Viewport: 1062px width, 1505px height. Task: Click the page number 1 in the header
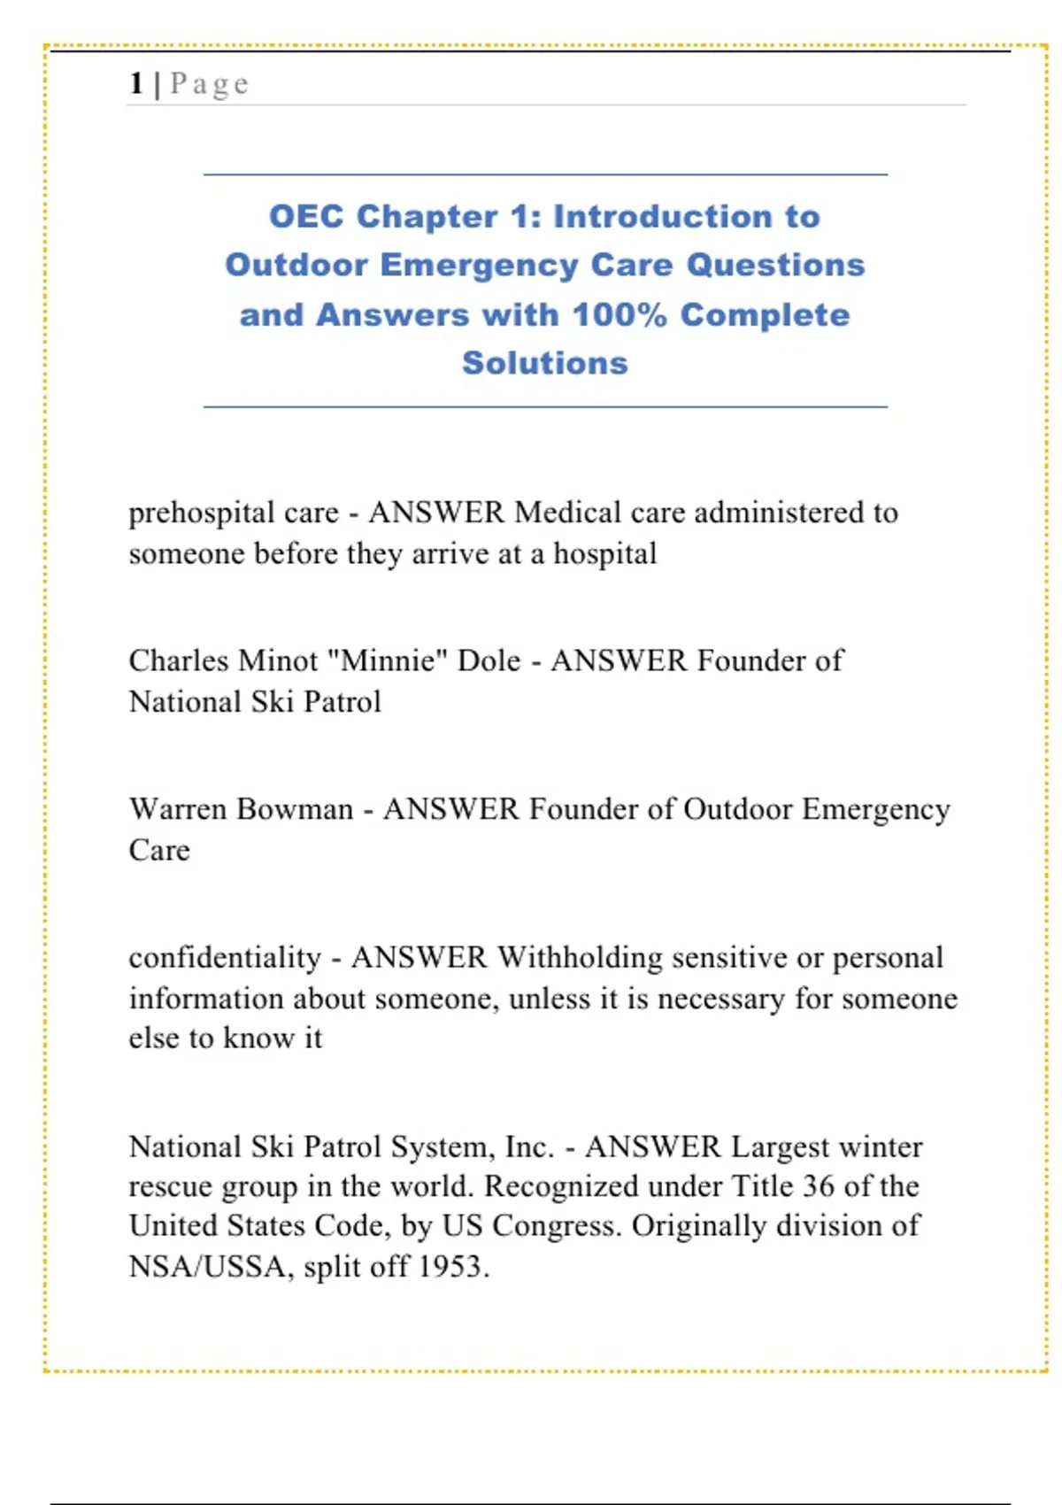[x=135, y=83]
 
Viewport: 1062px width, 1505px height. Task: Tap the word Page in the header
[x=210, y=84]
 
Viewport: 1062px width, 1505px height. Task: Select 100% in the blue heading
[x=619, y=315]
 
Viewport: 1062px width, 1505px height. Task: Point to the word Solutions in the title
[x=544, y=364]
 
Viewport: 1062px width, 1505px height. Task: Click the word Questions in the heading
[x=775, y=266]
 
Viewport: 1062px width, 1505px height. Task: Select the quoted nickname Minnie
[x=387, y=661]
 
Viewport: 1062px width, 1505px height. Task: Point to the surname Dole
[x=489, y=661]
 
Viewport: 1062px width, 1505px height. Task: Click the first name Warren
[x=178, y=809]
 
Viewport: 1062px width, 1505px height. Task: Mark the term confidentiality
[x=225, y=958]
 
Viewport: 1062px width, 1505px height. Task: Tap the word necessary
[x=720, y=999]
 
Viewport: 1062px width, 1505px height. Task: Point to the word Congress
[x=556, y=1227]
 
